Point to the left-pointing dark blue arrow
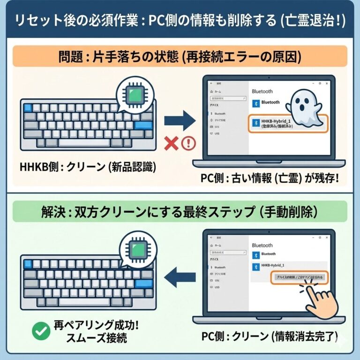(x=180, y=276)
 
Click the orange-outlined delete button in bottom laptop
(x=298, y=277)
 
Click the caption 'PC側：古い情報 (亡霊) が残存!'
(x=271, y=180)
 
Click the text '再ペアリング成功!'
(x=97, y=325)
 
